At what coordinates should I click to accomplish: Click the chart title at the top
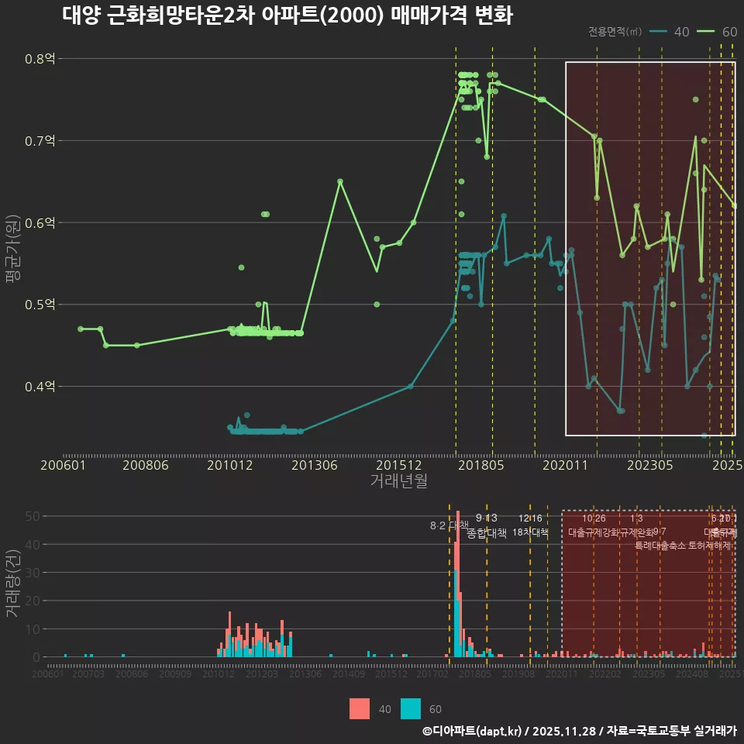click(287, 16)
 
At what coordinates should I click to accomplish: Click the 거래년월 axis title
click(398, 481)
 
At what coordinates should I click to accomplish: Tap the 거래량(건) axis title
click(13, 583)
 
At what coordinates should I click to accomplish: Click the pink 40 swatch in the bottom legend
click(360, 708)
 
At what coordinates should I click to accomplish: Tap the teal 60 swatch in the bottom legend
click(411, 708)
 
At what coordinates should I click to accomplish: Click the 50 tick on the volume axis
click(35, 515)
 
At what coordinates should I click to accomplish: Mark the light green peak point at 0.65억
click(340, 181)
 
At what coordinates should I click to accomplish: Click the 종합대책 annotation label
click(487, 533)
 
